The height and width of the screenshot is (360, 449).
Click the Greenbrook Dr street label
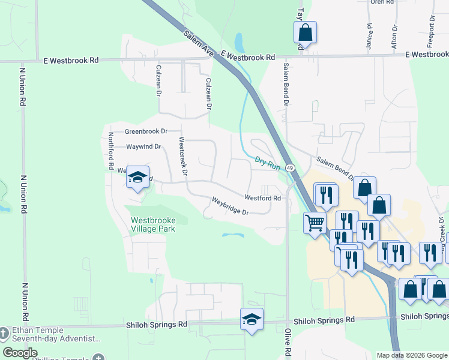pos(145,131)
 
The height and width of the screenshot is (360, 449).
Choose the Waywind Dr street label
pos(143,146)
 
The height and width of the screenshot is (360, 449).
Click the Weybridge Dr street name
pos(229,206)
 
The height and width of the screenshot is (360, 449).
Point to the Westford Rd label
pos(262,197)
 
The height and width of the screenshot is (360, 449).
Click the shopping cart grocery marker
pos(315,223)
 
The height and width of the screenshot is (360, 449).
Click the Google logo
pos(20,353)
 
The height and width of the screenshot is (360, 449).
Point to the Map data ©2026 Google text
pos(411,355)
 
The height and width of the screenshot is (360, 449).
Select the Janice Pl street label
pos(370,37)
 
